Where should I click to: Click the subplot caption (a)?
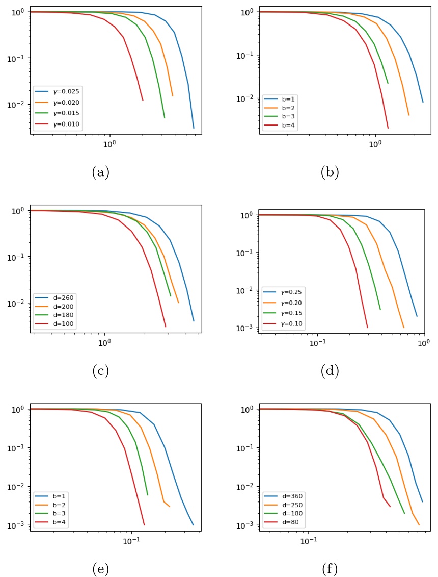(x=100, y=172)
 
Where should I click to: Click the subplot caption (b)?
(x=330, y=172)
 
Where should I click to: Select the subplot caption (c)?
(x=100, y=371)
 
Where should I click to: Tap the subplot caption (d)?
(x=330, y=371)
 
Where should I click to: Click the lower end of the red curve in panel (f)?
(x=390, y=507)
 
